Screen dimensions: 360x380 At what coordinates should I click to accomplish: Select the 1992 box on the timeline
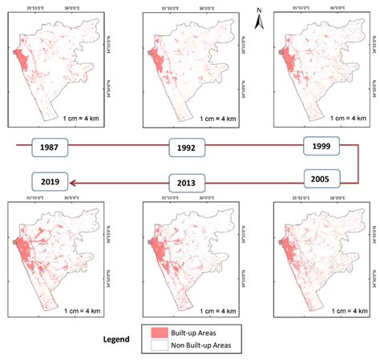[187, 148]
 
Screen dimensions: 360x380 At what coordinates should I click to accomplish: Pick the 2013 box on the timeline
[187, 180]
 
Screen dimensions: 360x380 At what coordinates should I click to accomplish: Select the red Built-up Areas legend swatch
[170, 330]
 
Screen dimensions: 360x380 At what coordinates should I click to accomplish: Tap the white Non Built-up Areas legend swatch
[170, 346]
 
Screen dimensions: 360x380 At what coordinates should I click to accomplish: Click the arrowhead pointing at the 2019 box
[74, 182]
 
